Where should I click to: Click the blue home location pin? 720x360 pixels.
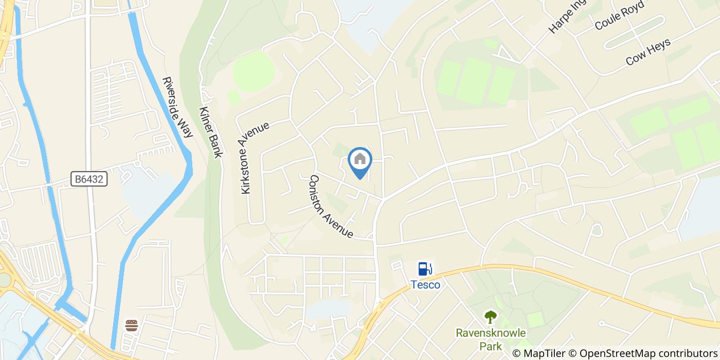click(x=360, y=163)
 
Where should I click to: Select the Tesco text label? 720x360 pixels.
click(x=425, y=284)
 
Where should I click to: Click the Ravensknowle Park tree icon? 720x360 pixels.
click(x=491, y=316)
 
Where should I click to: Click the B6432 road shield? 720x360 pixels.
click(x=89, y=179)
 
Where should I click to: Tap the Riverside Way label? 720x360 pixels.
click(x=177, y=107)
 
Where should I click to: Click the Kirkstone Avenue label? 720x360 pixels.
click(x=255, y=157)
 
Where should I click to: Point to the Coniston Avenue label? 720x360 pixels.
click(x=331, y=207)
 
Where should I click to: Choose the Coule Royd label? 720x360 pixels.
click(x=619, y=17)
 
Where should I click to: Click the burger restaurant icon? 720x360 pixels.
click(x=132, y=325)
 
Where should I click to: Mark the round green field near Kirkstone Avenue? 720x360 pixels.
click(x=253, y=71)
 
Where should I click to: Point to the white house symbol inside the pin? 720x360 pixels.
click(x=360, y=158)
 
